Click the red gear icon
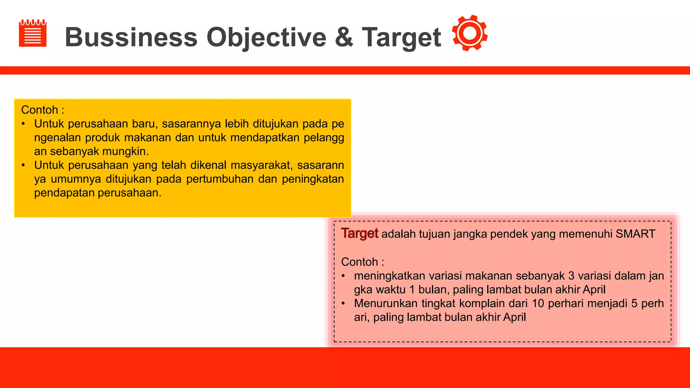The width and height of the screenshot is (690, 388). (x=470, y=33)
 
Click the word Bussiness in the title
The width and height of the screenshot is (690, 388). (x=131, y=37)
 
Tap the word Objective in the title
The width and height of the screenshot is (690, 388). (x=266, y=37)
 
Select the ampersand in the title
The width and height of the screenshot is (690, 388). (x=344, y=37)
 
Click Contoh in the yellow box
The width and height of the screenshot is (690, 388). (x=40, y=110)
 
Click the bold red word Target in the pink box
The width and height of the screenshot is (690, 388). (x=359, y=233)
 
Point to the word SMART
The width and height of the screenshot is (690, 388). (x=635, y=234)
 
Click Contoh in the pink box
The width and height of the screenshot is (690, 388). (x=359, y=262)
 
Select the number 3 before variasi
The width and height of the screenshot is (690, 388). (x=571, y=276)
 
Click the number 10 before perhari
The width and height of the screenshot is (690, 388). (x=538, y=303)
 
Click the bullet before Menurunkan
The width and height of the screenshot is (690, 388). (x=343, y=303)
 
